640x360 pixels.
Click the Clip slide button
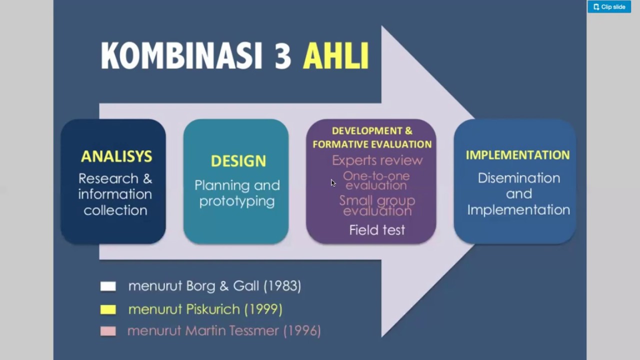[609, 7]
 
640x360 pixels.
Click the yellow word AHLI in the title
[335, 56]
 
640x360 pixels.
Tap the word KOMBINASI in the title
[181, 56]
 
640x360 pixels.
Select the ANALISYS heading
[116, 156]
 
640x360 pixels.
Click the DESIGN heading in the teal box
[238, 161]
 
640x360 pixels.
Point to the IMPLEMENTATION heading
[517, 155]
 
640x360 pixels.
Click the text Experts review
[377, 160]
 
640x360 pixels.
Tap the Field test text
[377, 230]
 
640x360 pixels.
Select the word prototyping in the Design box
[237, 201]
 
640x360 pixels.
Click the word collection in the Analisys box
[115, 210]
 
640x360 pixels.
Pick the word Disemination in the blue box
[518, 178]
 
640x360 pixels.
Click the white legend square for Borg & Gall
[108, 286]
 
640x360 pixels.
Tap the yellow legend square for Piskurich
[108, 309]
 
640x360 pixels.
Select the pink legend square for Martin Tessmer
[108, 331]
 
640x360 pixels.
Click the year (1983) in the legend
[282, 286]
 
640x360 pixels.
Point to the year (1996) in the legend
[302, 330]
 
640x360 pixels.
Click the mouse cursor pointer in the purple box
[333, 183]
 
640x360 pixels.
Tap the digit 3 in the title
[282, 56]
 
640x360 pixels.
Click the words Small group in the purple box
[377, 201]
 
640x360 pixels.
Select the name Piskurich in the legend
[213, 309]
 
